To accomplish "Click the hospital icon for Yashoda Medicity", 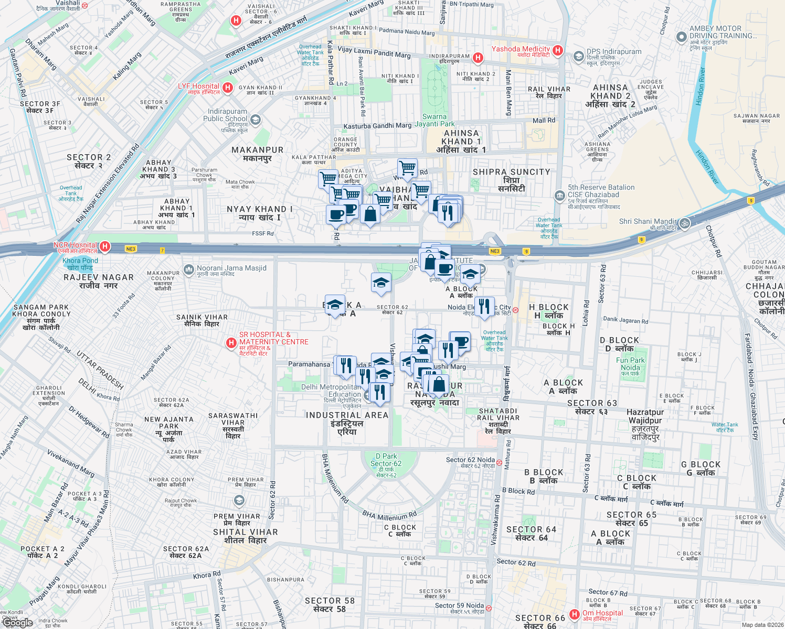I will tap(558, 51).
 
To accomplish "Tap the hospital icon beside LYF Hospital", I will tap(228, 88).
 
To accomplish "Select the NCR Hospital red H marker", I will tap(105, 246).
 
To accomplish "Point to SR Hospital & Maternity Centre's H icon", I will tap(231, 343).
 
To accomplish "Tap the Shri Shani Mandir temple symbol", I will tap(684, 223).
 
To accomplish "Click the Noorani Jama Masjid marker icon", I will tap(188, 270).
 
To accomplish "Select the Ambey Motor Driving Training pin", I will tap(681, 37).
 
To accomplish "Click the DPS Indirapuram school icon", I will tap(578, 56).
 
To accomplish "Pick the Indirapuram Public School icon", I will tap(255, 120).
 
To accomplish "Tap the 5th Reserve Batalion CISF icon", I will tap(559, 196).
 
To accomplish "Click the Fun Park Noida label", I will tap(630, 364).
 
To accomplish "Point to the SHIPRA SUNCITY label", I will tap(511, 172).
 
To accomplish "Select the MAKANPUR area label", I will tap(257, 150).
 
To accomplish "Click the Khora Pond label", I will tap(80, 261).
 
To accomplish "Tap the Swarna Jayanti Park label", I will tap(434, 120).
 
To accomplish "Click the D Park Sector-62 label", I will tap(386, 460).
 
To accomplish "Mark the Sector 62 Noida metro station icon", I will tap(500, 463).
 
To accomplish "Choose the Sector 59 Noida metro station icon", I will tap(489, 609).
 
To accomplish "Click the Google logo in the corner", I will tap(18, 623).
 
